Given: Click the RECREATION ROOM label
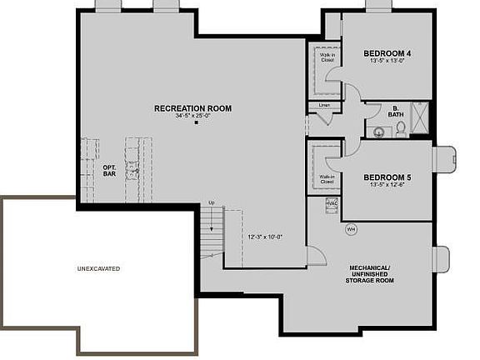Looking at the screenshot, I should coord(192,108).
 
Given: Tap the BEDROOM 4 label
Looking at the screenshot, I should coord(387,53).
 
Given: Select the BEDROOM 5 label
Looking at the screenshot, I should coord(387,177).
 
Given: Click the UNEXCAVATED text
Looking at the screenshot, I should coord(98,268).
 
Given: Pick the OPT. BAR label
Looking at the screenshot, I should coord(109,170).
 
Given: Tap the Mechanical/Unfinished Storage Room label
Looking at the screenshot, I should coord(370,273).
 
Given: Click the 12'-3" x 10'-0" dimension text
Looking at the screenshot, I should coord(265,237).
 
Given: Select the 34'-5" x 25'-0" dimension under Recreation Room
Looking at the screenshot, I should coord(192,117).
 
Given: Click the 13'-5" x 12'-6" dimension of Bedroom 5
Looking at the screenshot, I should coord(387,186).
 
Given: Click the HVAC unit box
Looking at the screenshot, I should coord(332,203).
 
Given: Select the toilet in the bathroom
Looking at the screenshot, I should coord(400,127).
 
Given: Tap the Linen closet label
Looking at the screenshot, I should coord(323,106).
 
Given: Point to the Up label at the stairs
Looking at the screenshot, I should coord(212,203).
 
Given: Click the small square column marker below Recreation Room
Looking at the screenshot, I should coord(196,123).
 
